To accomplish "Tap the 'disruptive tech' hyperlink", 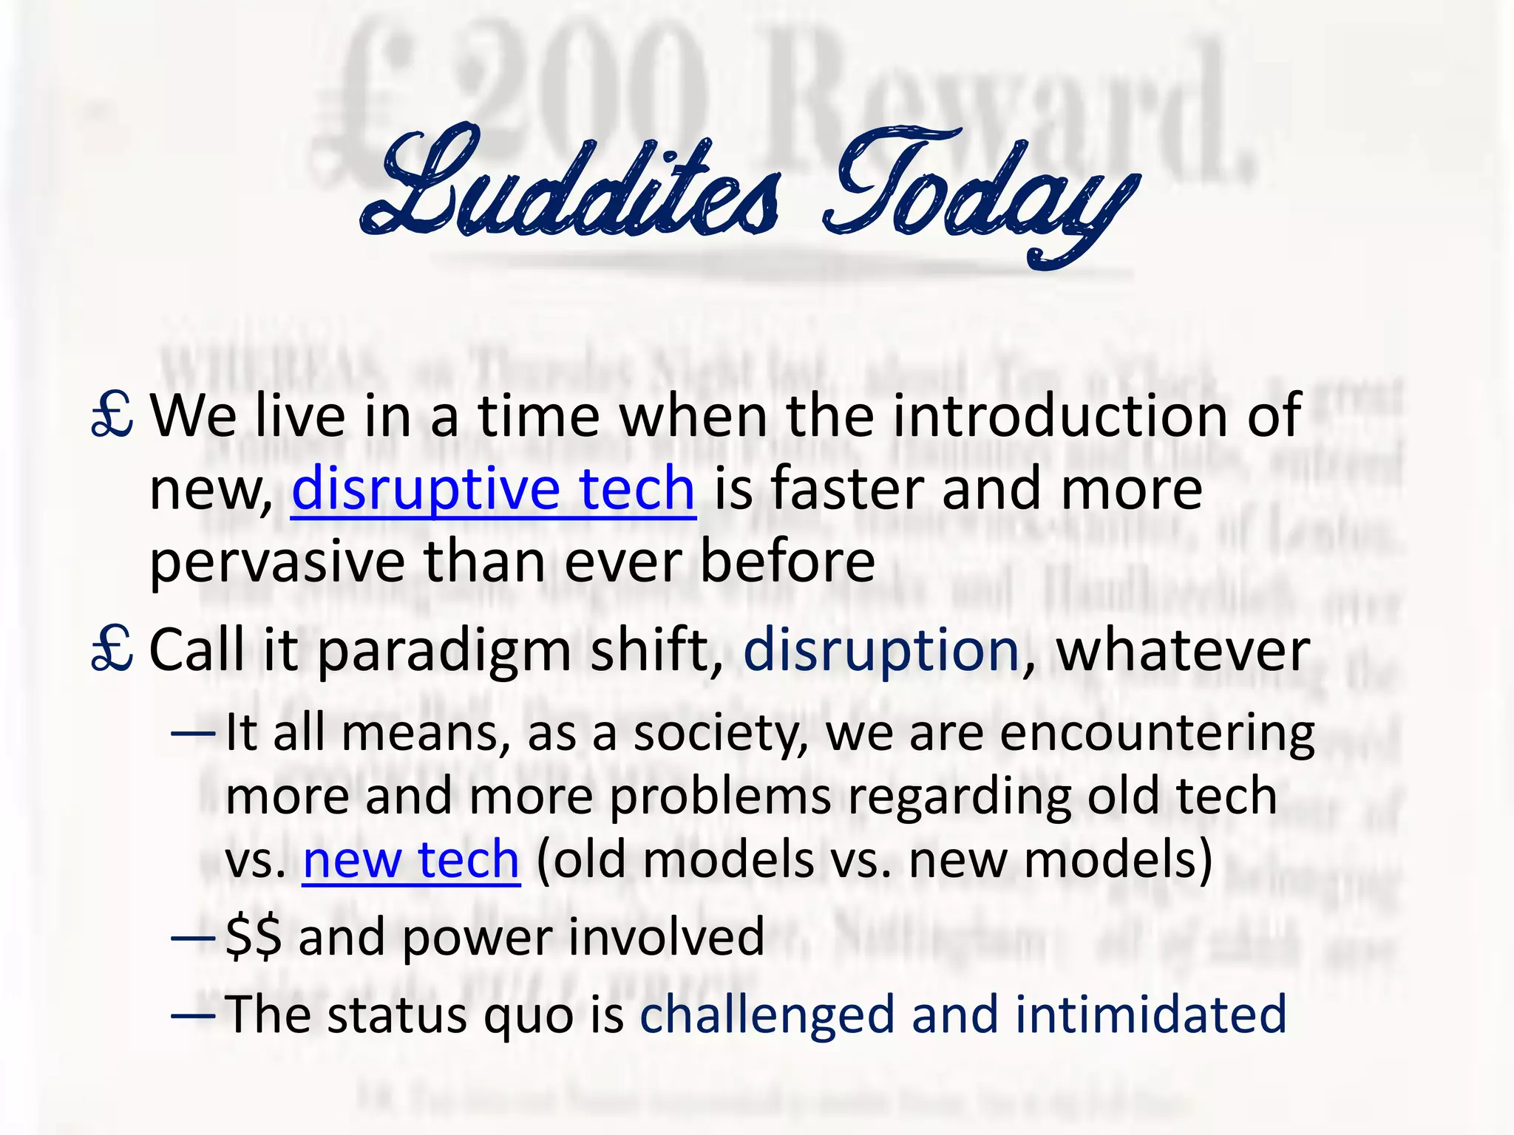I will click(x=493, y=488).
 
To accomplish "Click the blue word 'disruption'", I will click(x=882, y=650).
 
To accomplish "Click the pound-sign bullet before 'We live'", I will click(x=112, y=415).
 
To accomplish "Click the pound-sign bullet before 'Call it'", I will click(x=112, y=650).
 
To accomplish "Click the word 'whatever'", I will click(x=1183, y=650).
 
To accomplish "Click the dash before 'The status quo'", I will click(x=193, y=1015).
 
